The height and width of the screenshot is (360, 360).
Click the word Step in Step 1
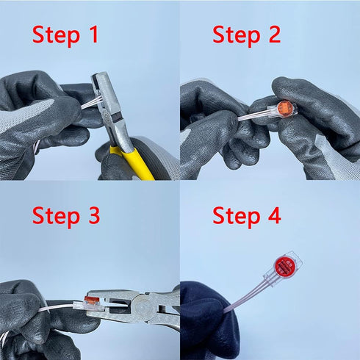coord(56,36)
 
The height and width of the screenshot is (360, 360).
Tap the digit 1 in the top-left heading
coord(93,35)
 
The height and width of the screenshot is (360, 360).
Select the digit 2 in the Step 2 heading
coord(274,35)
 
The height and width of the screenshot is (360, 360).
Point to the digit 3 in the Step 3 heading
coord(94,215)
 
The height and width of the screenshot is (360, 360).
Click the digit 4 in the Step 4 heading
coord(275,215)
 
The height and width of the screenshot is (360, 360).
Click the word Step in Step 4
coord(237,217)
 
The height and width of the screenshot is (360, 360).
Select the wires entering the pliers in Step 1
coord(91,102)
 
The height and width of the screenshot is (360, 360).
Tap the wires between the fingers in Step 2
coord(253,115)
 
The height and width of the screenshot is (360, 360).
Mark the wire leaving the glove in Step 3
coord(60,308)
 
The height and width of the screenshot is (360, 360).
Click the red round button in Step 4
coord(285,265)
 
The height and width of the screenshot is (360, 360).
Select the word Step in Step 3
coord(56,217)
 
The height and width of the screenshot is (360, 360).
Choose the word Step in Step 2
coord(237,36)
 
